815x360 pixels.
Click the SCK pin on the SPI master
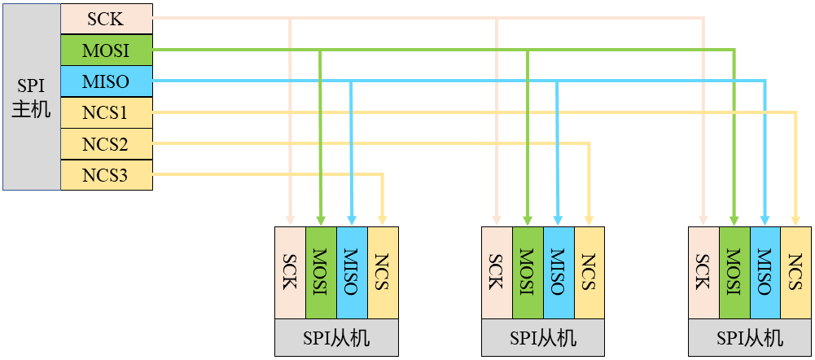106,19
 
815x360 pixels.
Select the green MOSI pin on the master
106,50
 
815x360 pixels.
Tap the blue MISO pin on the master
106,81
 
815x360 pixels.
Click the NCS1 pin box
106,112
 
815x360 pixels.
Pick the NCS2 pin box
106,144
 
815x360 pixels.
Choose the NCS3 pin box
106,175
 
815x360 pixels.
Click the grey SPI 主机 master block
31,96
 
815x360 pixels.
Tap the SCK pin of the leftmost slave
291,273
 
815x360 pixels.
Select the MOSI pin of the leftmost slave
322,273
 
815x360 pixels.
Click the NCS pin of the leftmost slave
383,273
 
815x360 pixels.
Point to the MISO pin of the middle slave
559,273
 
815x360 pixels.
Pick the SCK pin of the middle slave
497,273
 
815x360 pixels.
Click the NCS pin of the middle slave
589,273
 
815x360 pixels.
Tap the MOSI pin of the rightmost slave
734,273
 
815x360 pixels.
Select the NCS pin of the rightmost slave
795,273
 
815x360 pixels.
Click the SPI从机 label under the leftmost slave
336,338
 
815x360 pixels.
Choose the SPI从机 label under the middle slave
543,338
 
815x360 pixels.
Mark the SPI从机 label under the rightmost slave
750,338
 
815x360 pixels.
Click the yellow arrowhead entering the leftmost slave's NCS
383,221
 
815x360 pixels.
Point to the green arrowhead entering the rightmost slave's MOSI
734,221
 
